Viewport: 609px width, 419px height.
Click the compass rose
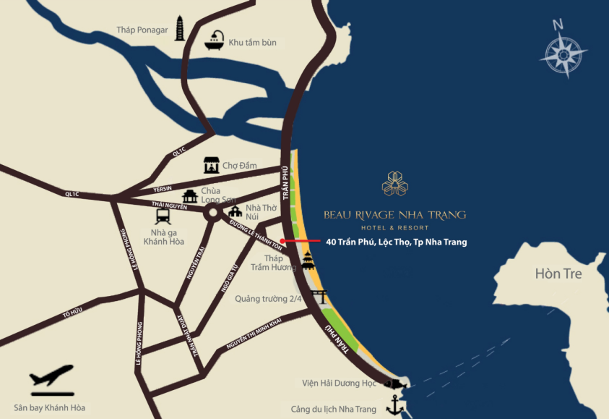[563, 53]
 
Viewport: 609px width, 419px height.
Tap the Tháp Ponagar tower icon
[179, 28]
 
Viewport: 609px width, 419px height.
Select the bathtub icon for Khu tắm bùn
[215, 41]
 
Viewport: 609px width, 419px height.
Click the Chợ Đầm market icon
[211, 165]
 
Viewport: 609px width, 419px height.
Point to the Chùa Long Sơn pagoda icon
[190, 196]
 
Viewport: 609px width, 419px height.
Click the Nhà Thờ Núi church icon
[236, 212]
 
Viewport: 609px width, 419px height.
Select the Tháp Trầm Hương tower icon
[308, 260]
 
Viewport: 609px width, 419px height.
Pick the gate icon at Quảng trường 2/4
[318, 297]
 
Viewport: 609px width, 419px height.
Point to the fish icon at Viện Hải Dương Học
[393, 384]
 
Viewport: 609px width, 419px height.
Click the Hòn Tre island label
[558, 274]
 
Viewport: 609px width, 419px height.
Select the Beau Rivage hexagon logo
[394, 184]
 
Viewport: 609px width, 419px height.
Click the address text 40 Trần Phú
[396, 242]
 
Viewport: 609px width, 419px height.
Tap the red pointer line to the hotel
[300, 240]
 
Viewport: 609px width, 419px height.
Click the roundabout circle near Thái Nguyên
[213, 213]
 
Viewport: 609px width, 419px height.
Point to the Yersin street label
[163, 189]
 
